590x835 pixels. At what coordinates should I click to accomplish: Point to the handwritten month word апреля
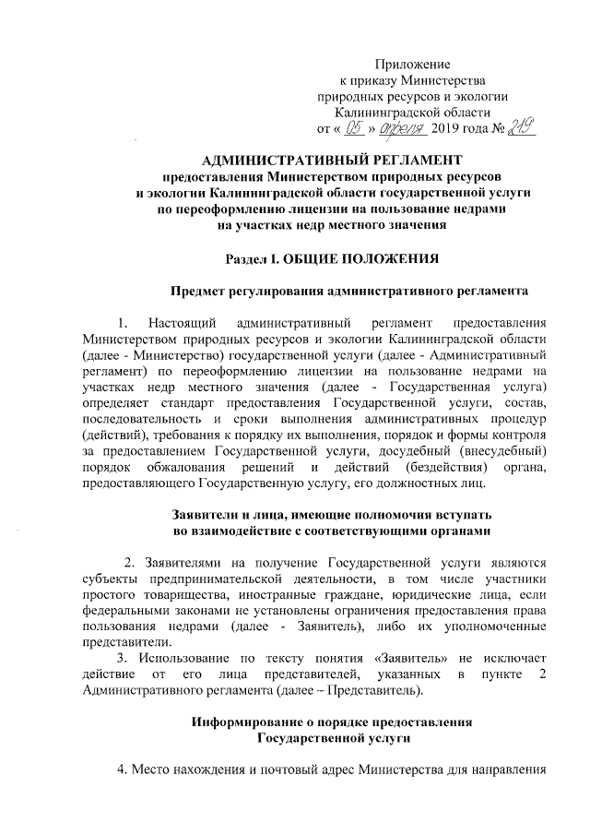pos(400,128)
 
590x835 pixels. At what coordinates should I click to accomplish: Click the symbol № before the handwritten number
pos(505,129)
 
